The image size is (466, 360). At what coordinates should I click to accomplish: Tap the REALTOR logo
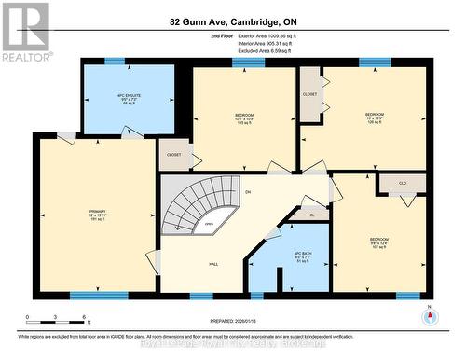(x=25, y=33)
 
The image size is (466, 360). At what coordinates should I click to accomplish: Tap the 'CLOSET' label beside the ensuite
(x=174, y=155)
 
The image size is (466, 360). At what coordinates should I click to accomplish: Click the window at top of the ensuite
(x=115, y=61)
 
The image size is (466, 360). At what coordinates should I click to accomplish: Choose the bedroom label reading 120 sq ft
(x=374, y=118)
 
